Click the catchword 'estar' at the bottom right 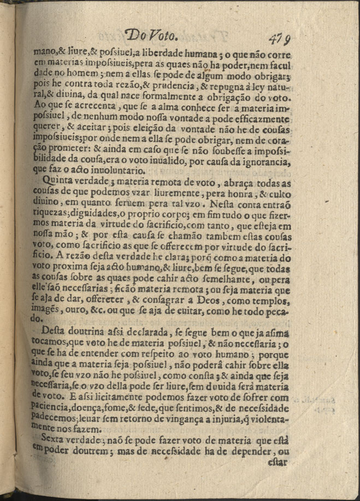click(x=278, y=463)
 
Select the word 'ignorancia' click(x=262, y=163)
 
